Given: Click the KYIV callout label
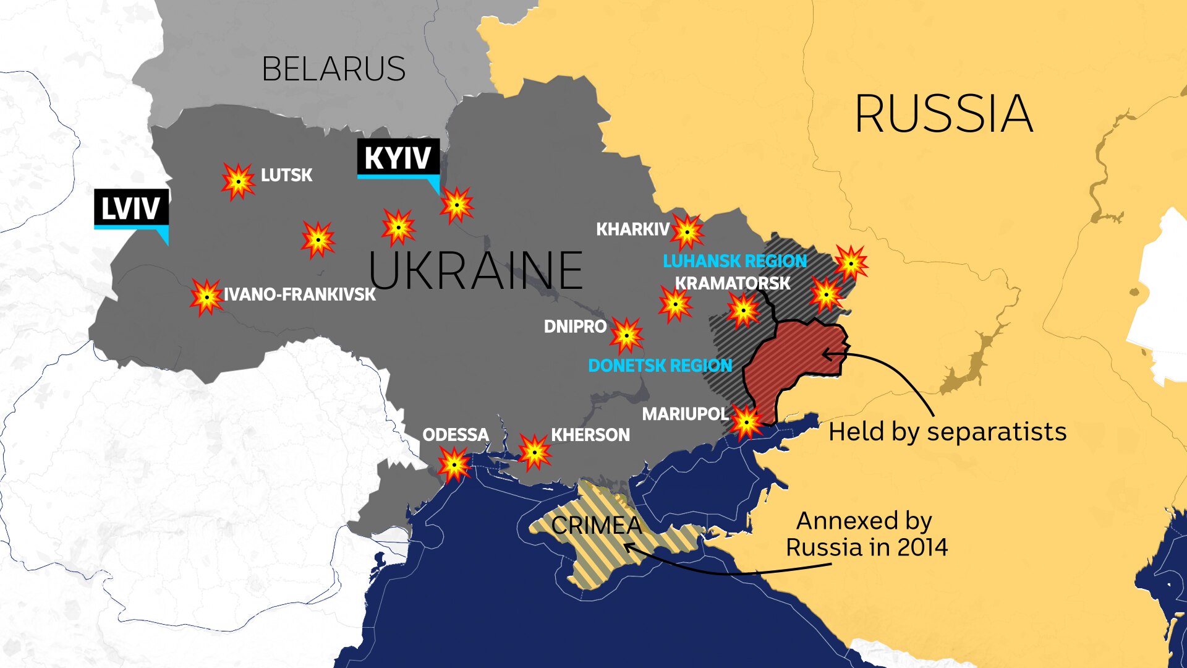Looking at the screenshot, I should point(398,158).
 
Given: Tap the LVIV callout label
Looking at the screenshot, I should point(130,208).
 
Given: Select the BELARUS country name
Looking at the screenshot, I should point(333,69).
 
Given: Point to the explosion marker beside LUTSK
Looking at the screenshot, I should point(238,181).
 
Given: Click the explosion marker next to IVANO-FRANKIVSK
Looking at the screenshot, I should point(206,297).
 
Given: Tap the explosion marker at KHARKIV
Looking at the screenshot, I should point(687,232).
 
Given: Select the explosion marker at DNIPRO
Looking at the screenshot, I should point(626,335).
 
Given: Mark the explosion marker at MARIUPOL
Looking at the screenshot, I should point(746,422).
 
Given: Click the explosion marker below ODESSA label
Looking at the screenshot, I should point(454,465).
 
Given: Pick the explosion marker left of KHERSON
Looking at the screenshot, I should point(534,452).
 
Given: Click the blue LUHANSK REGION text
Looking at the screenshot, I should point(734,261).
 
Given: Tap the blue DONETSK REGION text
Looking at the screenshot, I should point(660,366).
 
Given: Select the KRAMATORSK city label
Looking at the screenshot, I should point(732,283).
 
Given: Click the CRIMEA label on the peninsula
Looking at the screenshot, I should point(596,526).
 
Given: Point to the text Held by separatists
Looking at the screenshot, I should point(947,432).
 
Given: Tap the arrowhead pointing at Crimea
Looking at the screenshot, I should point(629,547).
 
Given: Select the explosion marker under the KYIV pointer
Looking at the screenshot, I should point(457,205).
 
